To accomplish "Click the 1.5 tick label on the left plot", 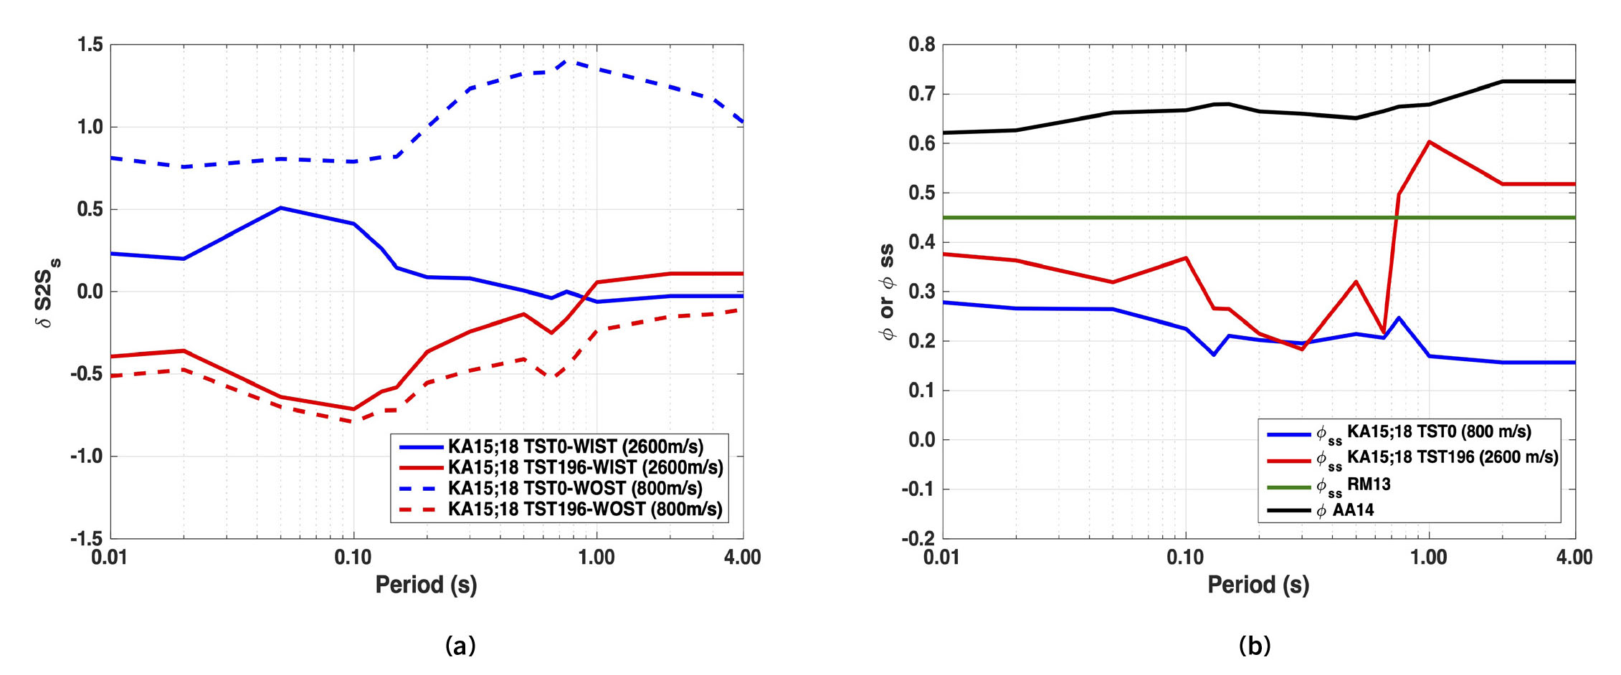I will coord(90,45).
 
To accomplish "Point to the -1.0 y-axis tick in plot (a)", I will coord(87,456).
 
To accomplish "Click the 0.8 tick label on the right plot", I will coord(922,45).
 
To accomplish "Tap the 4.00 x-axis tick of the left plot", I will coord(743,557).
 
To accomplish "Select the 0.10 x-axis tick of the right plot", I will coord(1185,557).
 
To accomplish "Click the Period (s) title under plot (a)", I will coord(426,585).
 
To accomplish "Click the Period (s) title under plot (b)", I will coord(1258,585).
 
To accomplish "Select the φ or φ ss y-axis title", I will coord(887,292).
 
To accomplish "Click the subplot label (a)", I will coord(460,646).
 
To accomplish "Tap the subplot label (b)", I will coord(1254,646).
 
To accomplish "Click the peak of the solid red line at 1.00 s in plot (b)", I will coord(1429,142).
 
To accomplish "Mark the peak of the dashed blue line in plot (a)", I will coord(569,62).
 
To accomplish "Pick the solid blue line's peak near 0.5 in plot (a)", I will coord(280,208).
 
